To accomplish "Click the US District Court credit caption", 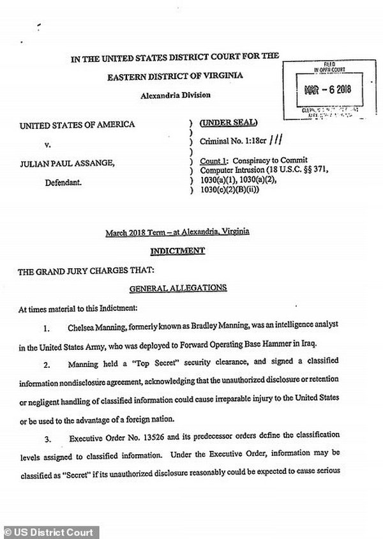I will [48, 532].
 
